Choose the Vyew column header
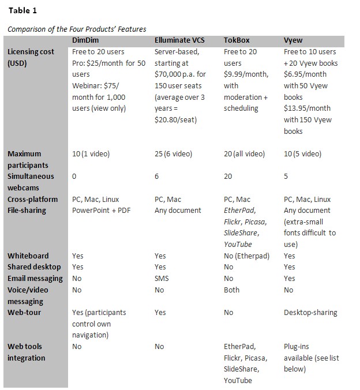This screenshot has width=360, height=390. [x=294, y=40]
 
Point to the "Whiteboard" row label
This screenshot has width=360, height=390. [x=28, y=256]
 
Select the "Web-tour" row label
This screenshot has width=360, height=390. [x=25, y=312]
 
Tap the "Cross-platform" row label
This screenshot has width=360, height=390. [x=32, y=199]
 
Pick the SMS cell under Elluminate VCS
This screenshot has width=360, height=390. [x=162, y=278]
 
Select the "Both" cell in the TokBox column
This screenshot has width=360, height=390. [x=232, y=290]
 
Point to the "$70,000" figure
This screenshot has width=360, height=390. [x=170, y=74]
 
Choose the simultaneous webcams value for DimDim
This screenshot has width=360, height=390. [x=74, y=177]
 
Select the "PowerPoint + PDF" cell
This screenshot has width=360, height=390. [x=103, y=211]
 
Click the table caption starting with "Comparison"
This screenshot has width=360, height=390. [x=77, y=29]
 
